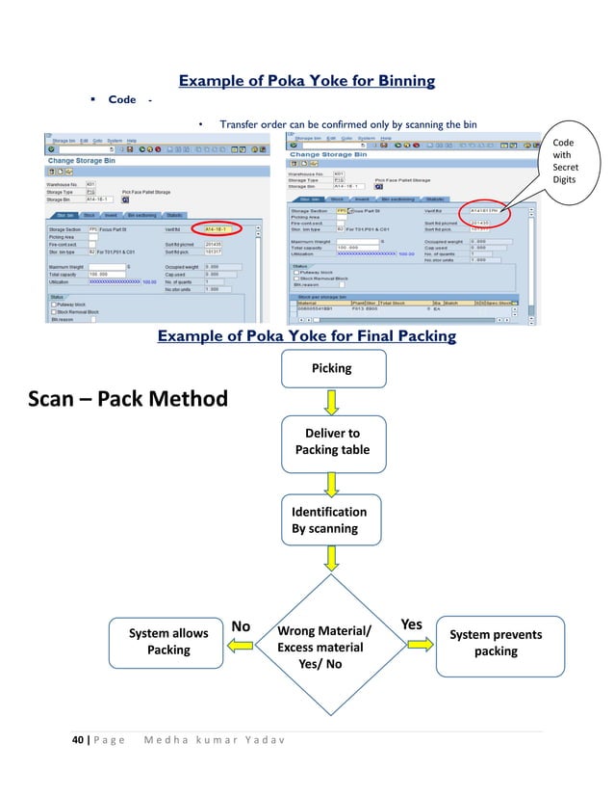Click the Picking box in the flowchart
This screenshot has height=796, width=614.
coord(332,368)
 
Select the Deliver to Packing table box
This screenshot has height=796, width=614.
coord(332,441)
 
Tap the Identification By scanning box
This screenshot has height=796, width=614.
coord(332,520)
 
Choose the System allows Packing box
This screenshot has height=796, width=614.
coord(168,642)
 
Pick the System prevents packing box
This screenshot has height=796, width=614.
coord(495,642)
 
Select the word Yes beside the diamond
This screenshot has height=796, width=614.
coord(411,624)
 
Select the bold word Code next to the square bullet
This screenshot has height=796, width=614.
coord(122,100)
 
